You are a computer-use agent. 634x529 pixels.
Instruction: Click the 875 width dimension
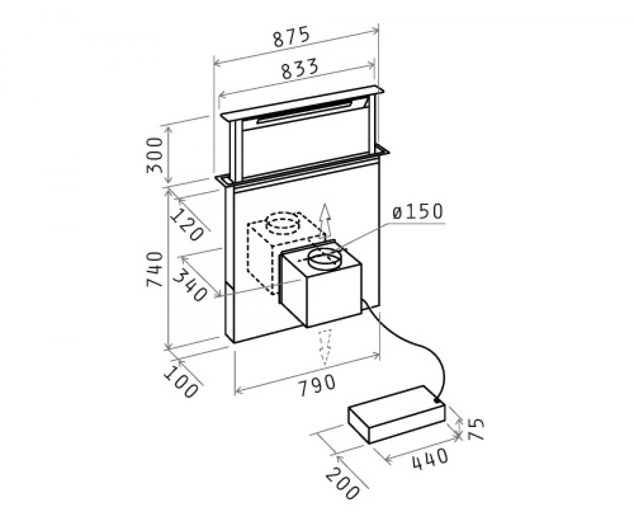click(x=291, y=37)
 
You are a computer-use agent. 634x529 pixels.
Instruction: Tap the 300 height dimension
click(x=155, y=155)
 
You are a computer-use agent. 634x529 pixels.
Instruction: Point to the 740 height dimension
click(x=155, y=269)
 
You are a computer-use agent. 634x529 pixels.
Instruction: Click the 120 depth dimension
click(x=187, y=225)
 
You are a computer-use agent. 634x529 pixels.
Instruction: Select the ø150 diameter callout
click(x=418, y=212)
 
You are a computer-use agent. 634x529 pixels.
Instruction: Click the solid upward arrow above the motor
click(x=325, y=222)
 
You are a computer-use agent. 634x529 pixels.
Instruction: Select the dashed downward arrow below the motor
click(x=325, y=347)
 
